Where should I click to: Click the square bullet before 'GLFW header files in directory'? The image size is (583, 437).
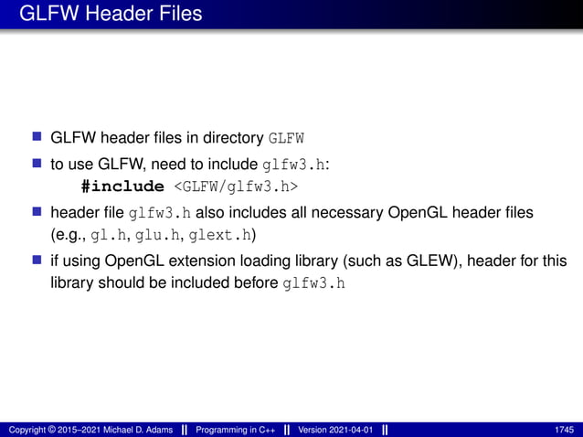pyautogui.click(x=37, y=138)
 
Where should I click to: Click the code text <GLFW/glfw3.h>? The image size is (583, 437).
pyautogui.click(x=238, y=187)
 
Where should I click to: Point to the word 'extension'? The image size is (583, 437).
pyautogui.click(x=219, y=260)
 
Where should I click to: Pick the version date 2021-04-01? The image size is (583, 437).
pyautogui.click(x=350, y=430)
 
